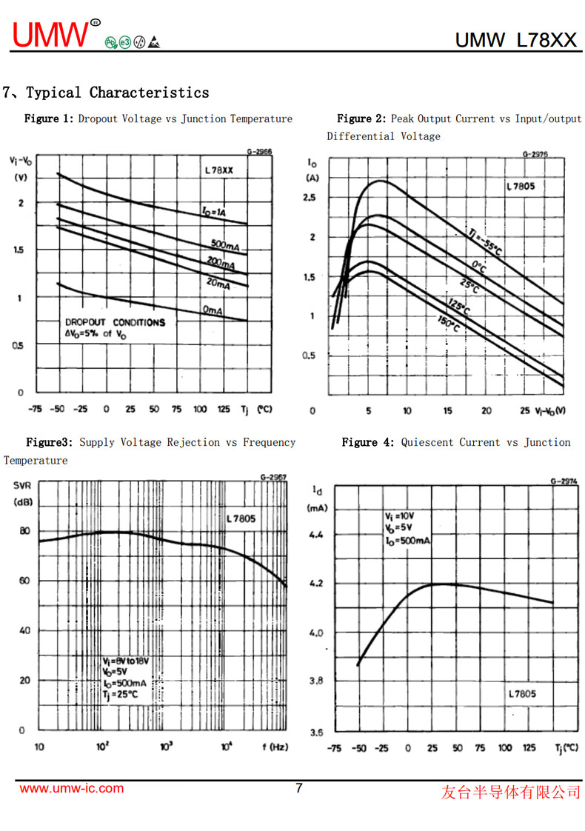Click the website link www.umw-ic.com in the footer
click(71, 788)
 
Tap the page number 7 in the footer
click(299, 788)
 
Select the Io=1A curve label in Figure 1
click(214, 213)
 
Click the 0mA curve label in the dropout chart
click(213, 311)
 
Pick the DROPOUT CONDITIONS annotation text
click(115, 323)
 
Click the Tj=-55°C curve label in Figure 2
click(484, 241)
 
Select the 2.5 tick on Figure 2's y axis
click(309, 198)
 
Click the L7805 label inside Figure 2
click(521, 187)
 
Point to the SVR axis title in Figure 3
click(23, 486)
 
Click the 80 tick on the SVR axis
click(24, 531)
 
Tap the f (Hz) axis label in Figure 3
click(275, 747)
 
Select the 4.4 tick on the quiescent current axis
click(317, 534)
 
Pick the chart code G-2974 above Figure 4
click(564, 481)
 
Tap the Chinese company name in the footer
click(511, 792)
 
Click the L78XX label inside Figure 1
click(219, 170)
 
